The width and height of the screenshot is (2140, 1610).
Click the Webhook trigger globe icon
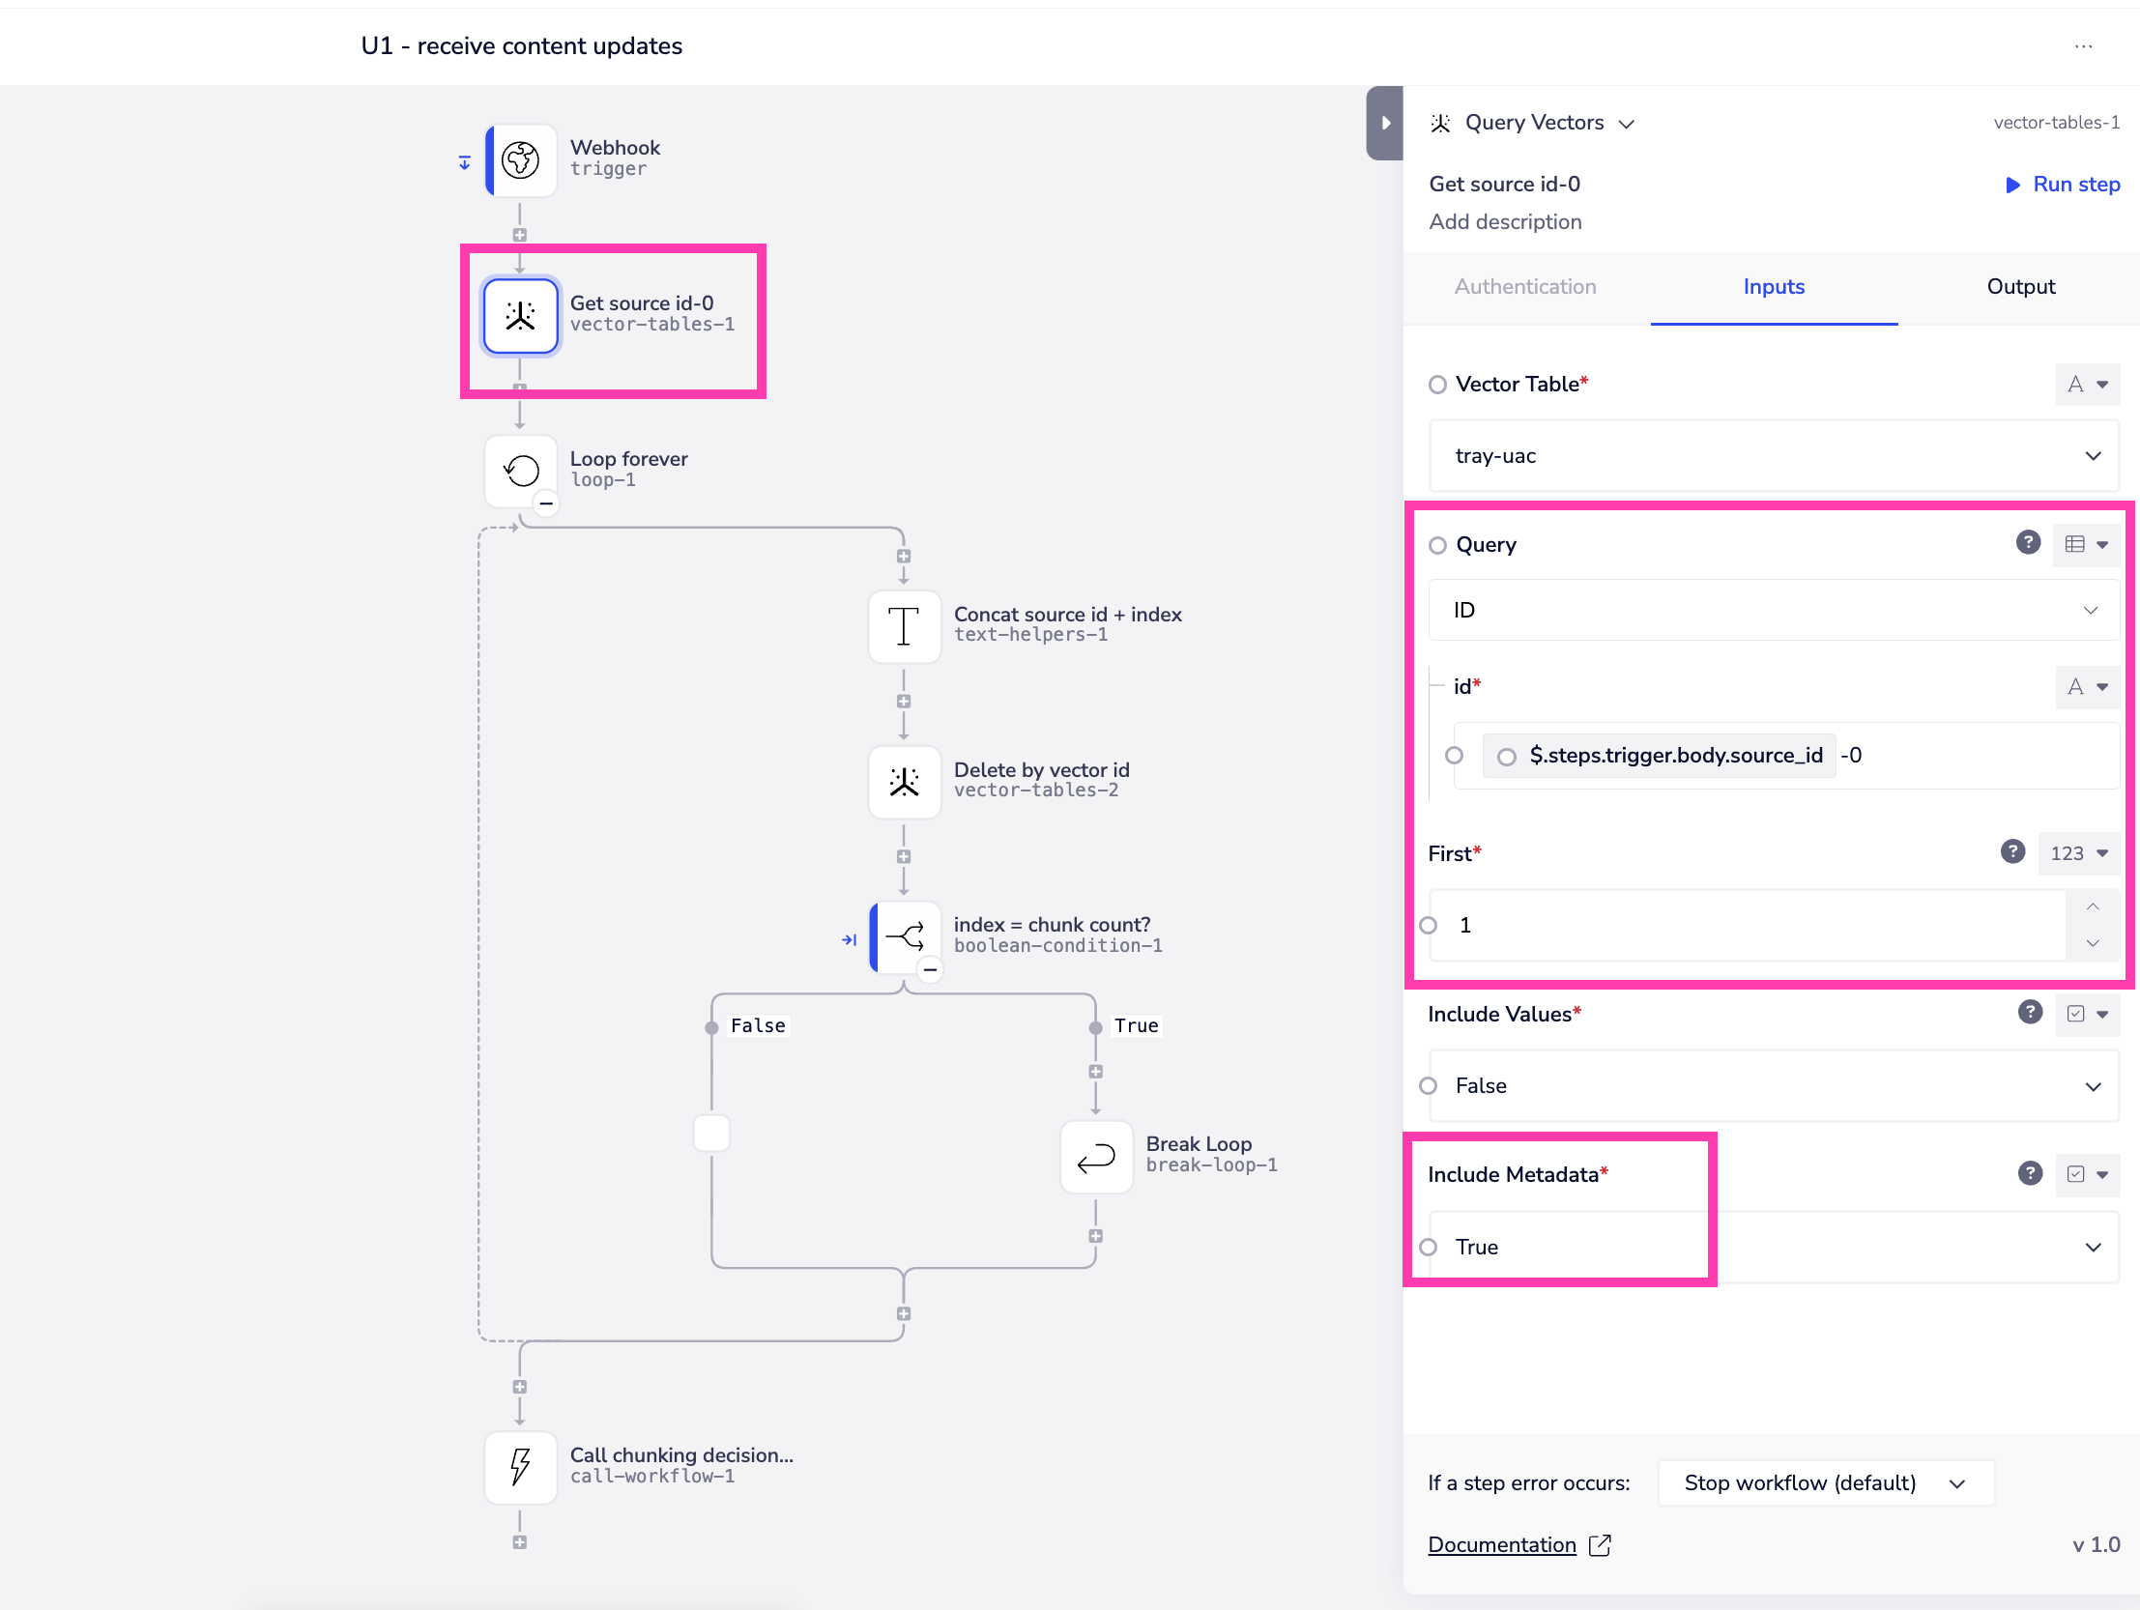click(x=520, y=159)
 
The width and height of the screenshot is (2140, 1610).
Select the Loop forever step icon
click(x=520, y=472)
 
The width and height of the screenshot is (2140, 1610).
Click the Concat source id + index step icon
click(x=904, y=626)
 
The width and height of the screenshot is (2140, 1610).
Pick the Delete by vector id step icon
click(x=904, y=782)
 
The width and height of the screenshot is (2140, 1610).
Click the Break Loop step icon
click(x=1096, y=1157)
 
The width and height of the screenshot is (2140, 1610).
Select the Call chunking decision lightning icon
click(x=520, y=1467)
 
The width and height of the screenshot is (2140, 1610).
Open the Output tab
click(x=2020, y=286)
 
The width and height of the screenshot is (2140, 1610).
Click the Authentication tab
click(x=1524, y=286)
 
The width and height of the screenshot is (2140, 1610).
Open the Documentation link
click(x=1501, y=1545)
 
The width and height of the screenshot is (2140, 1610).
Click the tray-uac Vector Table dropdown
click(x=1774, y=456)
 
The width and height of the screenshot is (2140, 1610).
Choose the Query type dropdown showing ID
click(x=1774, y=611)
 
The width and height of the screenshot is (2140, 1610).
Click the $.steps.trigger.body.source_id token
click(x=1675, y=756)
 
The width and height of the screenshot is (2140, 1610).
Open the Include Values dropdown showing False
click(x=1774, y=1086)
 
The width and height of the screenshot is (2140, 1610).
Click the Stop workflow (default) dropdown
click(x=1825, y=1483)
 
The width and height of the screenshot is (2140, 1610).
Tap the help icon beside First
click(x=2012, y=851)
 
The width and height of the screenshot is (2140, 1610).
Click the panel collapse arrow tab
click(x=1384, y=123)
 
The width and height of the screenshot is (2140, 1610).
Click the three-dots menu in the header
click(x=2083, y=46)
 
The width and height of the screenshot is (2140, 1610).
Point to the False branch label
click(x=758, y=1025)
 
